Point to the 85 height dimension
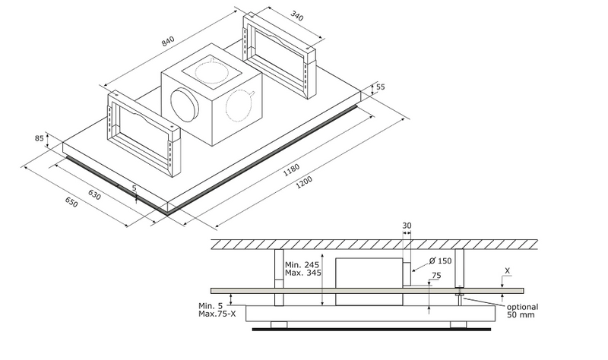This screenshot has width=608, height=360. tap(40, 139)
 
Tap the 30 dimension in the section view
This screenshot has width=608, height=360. tap(407, 226)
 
